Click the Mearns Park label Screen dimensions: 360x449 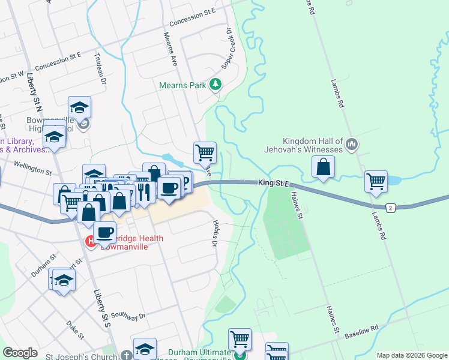182,85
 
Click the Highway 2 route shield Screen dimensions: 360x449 391,207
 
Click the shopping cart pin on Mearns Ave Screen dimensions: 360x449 205,152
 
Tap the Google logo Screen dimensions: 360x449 20,353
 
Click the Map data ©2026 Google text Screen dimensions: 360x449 411,355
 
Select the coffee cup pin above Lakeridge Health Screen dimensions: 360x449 104,232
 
